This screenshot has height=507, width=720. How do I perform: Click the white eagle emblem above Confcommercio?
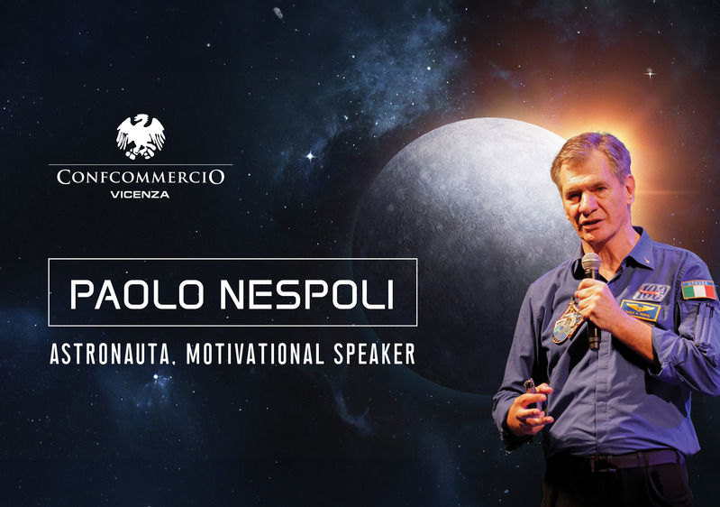tap(141, 135)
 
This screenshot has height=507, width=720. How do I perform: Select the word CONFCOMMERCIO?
tap(141, 177)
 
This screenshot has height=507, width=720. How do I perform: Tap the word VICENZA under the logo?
tap(141, 195)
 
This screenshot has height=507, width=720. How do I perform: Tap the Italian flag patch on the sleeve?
tap(697, 290)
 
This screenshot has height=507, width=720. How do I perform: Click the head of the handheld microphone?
tap(591, 265)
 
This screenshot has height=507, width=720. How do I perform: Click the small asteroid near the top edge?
tap(278, 14)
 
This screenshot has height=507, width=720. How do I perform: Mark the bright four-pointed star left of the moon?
tap(310, 156)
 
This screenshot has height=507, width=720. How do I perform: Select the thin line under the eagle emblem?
tap(141, 164)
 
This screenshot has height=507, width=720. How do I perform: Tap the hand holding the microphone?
tap(597, 302)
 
